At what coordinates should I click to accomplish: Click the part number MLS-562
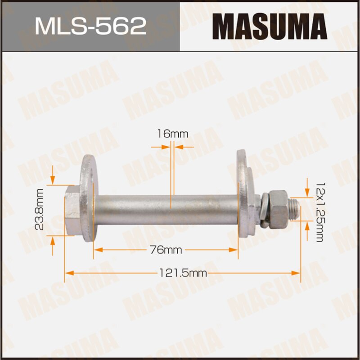coord(90,26)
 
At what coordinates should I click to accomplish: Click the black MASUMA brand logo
coord(270,26)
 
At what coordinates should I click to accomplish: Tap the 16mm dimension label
coord(173,134)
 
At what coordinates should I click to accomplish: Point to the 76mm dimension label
coord(165,250)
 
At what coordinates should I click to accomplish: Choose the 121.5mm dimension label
coord(182,273)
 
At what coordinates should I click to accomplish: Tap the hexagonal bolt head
coord(72,211)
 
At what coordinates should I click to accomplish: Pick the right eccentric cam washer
coord(246,193)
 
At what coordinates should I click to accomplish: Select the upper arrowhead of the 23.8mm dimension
coord(53,181)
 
